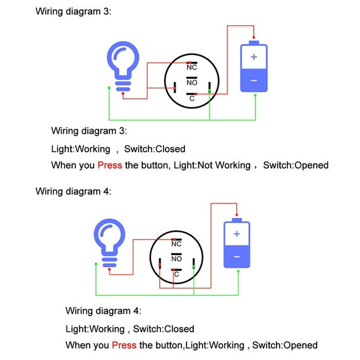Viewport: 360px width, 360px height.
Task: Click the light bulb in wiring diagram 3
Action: (123, 66)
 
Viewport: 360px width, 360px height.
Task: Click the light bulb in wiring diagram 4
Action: (109, 243)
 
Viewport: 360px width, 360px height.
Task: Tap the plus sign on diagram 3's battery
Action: (254, 57)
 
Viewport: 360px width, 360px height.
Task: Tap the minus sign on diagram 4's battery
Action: (237, 256)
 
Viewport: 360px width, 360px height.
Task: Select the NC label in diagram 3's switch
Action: (192, 68)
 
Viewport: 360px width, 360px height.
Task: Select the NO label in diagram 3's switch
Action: (192, 83)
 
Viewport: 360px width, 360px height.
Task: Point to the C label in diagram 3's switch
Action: (192, 99)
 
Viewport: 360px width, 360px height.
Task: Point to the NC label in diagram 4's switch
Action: (176, 244)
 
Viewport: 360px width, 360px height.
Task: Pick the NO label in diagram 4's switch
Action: (176, 259)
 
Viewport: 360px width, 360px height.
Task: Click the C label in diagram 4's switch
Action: (176, 274)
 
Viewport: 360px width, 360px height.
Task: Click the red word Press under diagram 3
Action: (110, 165)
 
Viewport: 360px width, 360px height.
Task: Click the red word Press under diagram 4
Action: (124, 345)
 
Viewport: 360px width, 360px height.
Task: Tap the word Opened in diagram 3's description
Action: (311, 165)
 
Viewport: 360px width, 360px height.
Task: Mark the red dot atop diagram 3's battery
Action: (254, 37)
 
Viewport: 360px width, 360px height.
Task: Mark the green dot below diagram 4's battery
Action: (238, 272)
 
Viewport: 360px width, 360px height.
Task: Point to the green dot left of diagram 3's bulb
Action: (109, 88)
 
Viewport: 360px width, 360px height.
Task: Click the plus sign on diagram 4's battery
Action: (237, 234)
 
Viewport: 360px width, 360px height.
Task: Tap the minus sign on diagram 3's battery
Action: (254, 80)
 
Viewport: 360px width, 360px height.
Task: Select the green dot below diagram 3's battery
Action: (255, 95)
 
